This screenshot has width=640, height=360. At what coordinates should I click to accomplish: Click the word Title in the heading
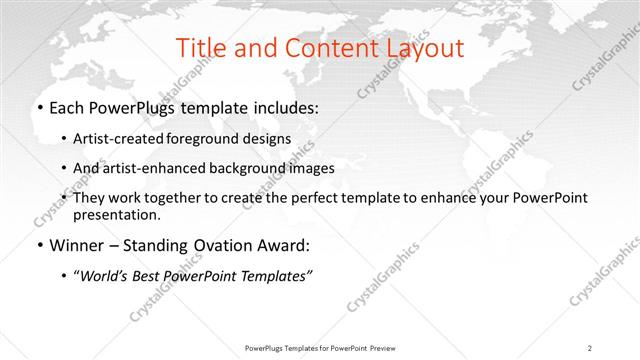[x=199, y=48]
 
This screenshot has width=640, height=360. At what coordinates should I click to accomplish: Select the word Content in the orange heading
[x=319, y=48]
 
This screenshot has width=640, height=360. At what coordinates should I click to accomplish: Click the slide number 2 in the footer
[x=590, y=347]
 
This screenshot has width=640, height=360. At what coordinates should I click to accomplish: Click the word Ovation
[x=217, y=245]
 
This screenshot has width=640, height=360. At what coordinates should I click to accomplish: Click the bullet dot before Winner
[x=39, y=245]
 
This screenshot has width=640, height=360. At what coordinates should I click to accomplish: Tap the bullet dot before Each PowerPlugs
[x=39, y=107]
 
